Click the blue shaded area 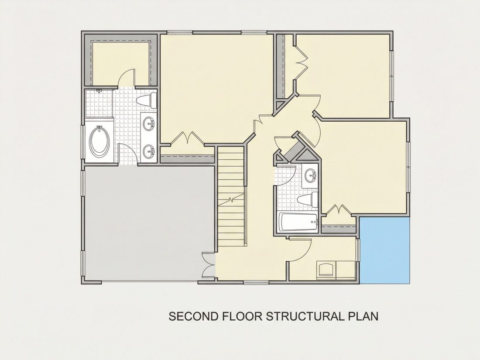(x=384, y=250)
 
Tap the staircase (x=232, y=196)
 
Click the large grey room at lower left (x=149, y=223)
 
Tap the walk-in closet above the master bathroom (x=120, y=63)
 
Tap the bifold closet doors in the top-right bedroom (x=301, y=64)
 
